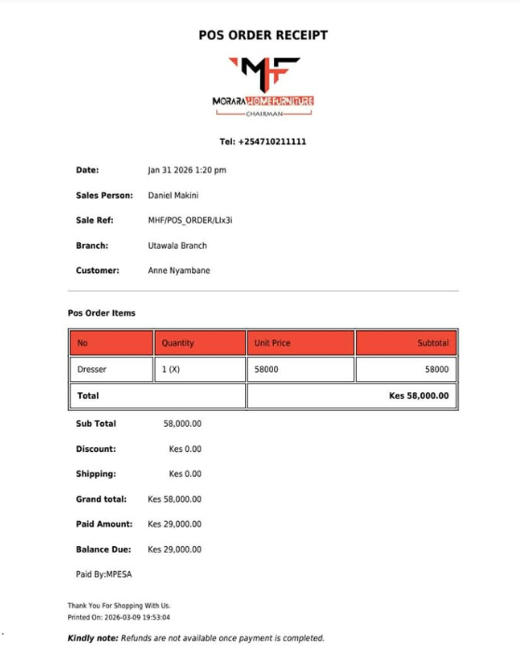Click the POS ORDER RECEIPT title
(263, 35)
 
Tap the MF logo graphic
(265, 74)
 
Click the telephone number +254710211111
(263, 142)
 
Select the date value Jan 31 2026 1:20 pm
(186, 171)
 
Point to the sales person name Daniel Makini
(173, 196)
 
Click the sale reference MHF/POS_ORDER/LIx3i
(189, 221)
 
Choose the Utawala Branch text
(177, 246)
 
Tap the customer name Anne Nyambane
(179, 271)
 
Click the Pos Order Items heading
(102, 313)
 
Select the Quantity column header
(178, 343)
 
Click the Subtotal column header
(432, 343)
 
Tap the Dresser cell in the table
(92, 369)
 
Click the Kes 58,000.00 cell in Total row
(418, 396)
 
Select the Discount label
(96, 449)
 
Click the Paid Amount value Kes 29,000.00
(174, 525)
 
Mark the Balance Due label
(103, 550)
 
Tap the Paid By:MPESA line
(103, 575)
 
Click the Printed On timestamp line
(118, 617)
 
